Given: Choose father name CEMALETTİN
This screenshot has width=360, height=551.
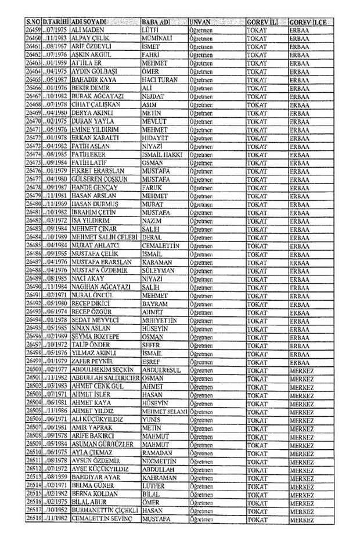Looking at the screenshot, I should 161,245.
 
